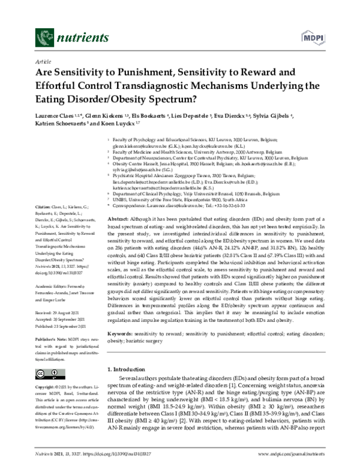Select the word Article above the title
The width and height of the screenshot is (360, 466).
click(44, 61)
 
